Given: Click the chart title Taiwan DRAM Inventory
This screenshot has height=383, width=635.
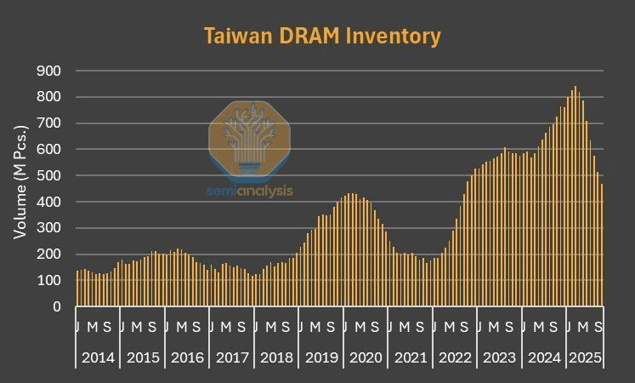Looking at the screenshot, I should click(x=322, y=37).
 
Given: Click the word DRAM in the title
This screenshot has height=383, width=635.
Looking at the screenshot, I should click(x=315, y=37).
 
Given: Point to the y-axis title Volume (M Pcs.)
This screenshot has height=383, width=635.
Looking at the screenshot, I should click(x=20, y=180).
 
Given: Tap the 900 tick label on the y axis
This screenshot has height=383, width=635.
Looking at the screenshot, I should click(x=49, y=71).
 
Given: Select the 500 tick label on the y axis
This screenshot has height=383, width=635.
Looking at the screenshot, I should click(x=49, y=175).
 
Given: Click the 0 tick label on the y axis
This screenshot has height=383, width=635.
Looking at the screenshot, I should click(x=57, y=306).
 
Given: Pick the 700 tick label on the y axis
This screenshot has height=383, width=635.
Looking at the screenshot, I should click(x=49, y=123).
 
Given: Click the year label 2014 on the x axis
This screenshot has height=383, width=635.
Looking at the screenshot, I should click(x=98, y=358).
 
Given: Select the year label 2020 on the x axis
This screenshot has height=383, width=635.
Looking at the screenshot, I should click(x=366, y=358).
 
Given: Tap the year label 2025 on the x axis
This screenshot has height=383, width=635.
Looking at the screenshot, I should click(x=584, y=358).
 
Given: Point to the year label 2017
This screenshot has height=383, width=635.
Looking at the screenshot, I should click(x=232, y=358).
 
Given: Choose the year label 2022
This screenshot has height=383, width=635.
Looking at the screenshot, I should click(x=455, y=358).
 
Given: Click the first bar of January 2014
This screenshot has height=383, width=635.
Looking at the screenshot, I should click(x=77, y=289).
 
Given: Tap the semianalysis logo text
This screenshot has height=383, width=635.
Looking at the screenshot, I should click(x=250, y=191).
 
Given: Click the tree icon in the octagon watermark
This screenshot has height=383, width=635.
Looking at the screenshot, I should click(x=250, y=136).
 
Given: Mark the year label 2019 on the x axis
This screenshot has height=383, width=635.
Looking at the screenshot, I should click(x=321, y=358).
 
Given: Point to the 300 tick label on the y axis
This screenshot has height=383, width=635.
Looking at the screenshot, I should click(x=49, y=228).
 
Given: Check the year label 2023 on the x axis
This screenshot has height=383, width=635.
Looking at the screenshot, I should click(x=499, y=358).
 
